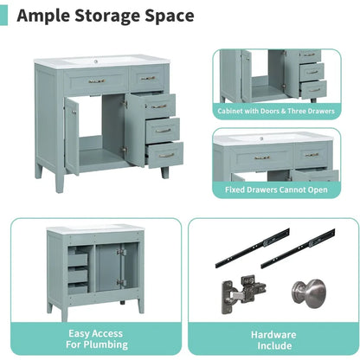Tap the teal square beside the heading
[x=3, y=16]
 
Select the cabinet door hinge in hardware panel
[x=243, y=294]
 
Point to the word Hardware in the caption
[x=273, y=335]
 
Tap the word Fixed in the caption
[x=235, y=190]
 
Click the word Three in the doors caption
[x=300, y=111]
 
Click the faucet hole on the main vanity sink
[x=95, y=61]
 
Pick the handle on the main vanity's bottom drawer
[x=166, y=156]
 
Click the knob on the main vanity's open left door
[x=74, y=112]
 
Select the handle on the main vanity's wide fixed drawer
[x=97, y=81]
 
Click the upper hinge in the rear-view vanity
[x=121, y=253]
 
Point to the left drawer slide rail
[x=252, y=248]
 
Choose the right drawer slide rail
[x=298, y=248]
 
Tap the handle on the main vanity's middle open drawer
[x=164, y=131]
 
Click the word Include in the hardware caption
[x=274, y=345]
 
